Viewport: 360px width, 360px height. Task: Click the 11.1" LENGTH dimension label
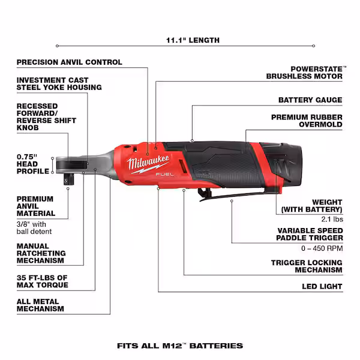coord(184,41)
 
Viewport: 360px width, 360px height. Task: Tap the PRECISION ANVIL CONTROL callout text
coord(69,62)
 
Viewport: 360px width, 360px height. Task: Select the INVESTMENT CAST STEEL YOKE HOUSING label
coord(59,83)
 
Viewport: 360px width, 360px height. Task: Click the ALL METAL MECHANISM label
coord(40,305)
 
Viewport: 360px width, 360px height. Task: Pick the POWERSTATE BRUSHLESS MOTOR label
coord(305,73)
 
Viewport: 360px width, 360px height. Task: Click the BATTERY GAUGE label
coord(310,100)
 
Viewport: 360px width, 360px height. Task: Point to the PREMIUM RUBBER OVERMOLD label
coord(307,121)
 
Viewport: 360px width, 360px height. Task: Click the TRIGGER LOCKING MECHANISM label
coord(307,266)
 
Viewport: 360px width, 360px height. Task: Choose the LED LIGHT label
coord(322,287)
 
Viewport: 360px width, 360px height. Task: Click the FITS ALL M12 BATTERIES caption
coord(180,346)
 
